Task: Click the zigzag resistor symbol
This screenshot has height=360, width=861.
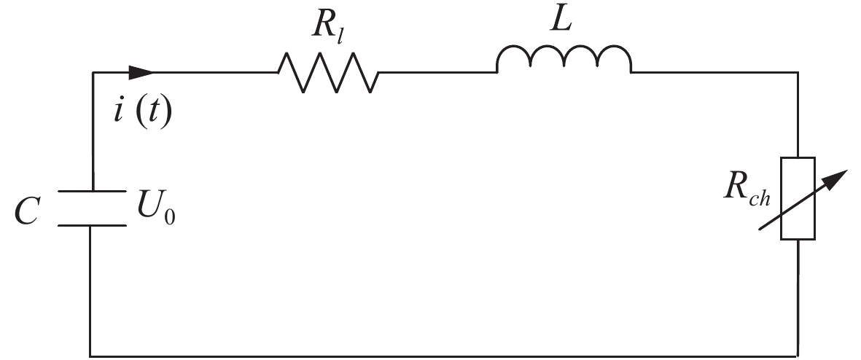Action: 328,73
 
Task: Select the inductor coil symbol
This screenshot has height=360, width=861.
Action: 564,61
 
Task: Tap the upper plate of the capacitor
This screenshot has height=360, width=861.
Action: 92,192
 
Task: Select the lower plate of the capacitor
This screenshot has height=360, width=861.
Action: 92,224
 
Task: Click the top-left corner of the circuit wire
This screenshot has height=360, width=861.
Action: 93,72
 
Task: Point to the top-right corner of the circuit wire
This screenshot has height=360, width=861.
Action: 798,72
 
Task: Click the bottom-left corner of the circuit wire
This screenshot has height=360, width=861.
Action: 91,356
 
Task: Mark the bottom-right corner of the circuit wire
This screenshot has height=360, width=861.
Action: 798,356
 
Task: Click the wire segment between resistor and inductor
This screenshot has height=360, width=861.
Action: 437,72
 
